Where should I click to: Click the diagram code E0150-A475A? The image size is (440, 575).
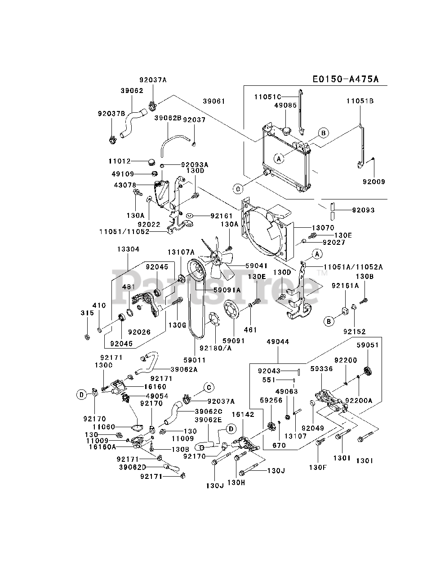346,79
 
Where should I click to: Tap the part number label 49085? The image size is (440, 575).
285,105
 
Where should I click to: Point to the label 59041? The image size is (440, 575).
257,266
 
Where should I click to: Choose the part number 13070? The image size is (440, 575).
323,228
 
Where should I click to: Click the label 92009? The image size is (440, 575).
374,181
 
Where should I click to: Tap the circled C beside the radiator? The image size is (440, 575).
238,189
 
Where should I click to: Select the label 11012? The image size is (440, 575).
120,161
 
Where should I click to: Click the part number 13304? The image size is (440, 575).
128,249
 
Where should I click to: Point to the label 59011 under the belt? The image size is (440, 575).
195,360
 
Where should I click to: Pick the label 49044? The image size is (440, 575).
278,341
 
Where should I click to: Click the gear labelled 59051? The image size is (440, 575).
368,371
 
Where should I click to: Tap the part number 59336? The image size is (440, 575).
321,368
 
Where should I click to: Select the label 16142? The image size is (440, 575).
243,414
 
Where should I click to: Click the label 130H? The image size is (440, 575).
236,482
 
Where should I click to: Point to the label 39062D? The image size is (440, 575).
132,467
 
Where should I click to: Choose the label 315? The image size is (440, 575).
87,313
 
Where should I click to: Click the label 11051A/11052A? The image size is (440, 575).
353,267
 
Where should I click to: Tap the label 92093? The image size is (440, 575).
363,210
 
